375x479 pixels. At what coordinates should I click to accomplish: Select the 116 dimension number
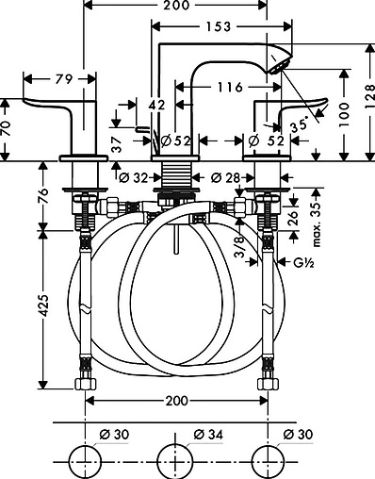pos(223,87)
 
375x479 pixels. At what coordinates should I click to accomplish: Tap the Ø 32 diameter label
pos(136,176)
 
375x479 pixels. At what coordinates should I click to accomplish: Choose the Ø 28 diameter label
pos(223,176)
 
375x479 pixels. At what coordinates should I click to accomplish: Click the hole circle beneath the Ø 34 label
pos(175,457)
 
